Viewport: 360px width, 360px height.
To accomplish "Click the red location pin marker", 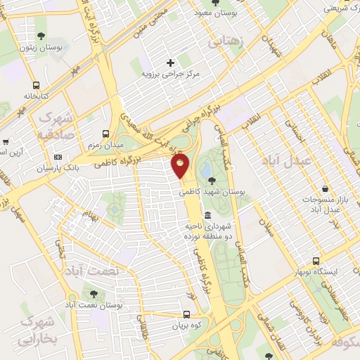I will [x=181, y=167].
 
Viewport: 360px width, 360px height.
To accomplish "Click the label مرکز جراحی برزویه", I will [x=170, y=73].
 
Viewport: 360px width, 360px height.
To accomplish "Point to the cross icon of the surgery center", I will [x=170, y=63].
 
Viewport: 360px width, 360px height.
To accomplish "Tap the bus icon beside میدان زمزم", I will [x=105, y=133].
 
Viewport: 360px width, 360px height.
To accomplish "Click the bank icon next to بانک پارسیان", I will [x=58, y=157].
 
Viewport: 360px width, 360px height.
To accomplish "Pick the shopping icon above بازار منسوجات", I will [x=326, y=188].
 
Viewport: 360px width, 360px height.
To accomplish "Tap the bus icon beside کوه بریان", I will [x=186, y=315].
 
